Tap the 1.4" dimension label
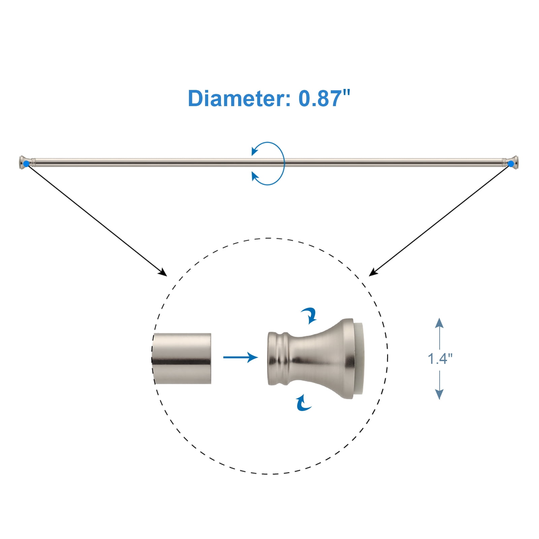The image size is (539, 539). [440, 358]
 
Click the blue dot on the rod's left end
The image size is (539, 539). [26, 163]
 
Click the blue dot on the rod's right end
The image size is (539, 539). [511, 164]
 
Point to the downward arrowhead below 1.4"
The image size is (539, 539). [439, 394]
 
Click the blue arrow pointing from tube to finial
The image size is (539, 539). [241, 357]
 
